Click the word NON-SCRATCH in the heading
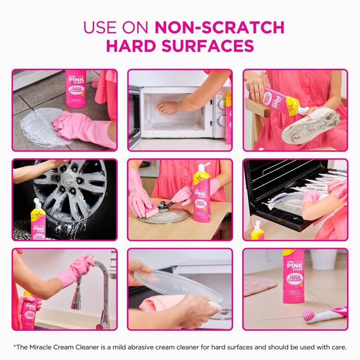[x=220, y=27]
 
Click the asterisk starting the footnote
[x=15, y=347]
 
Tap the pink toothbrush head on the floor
[x=310, y=315]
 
